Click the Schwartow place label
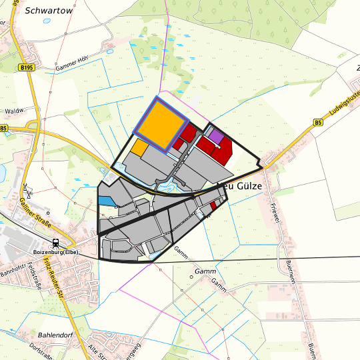50,11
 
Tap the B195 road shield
26,68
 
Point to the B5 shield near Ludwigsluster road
318,122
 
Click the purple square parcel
216,137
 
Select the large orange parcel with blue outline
161,125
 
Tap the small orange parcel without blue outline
139,147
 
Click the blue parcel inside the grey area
105,200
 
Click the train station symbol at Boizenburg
55,243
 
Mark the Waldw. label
14,111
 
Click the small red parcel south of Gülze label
213,207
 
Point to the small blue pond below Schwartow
46,21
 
